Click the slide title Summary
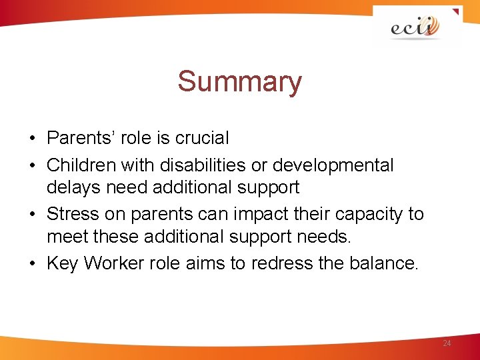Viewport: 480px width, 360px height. [x=239, y=82]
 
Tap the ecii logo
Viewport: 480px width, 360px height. [x=415, y=27]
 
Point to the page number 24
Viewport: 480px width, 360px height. [x=447, y=343]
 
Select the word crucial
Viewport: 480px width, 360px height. [x=202, y=138]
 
